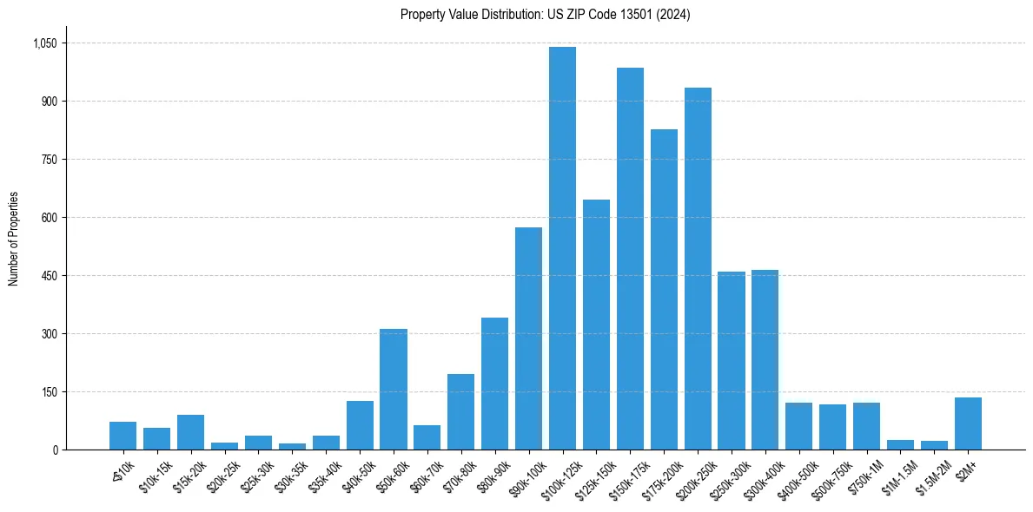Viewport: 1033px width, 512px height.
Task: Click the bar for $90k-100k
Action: pyautogui.click(x=528, y=338)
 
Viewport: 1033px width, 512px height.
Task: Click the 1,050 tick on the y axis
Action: pyautogui.click(x=44, y=43)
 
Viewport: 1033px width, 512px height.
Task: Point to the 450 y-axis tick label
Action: pyautogui.click(x=49, y=276)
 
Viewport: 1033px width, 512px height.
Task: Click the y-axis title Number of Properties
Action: pyautogui.click(x=14, y=239)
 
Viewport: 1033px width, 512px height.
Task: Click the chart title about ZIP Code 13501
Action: pyautogui.click(x=546, y=15)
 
